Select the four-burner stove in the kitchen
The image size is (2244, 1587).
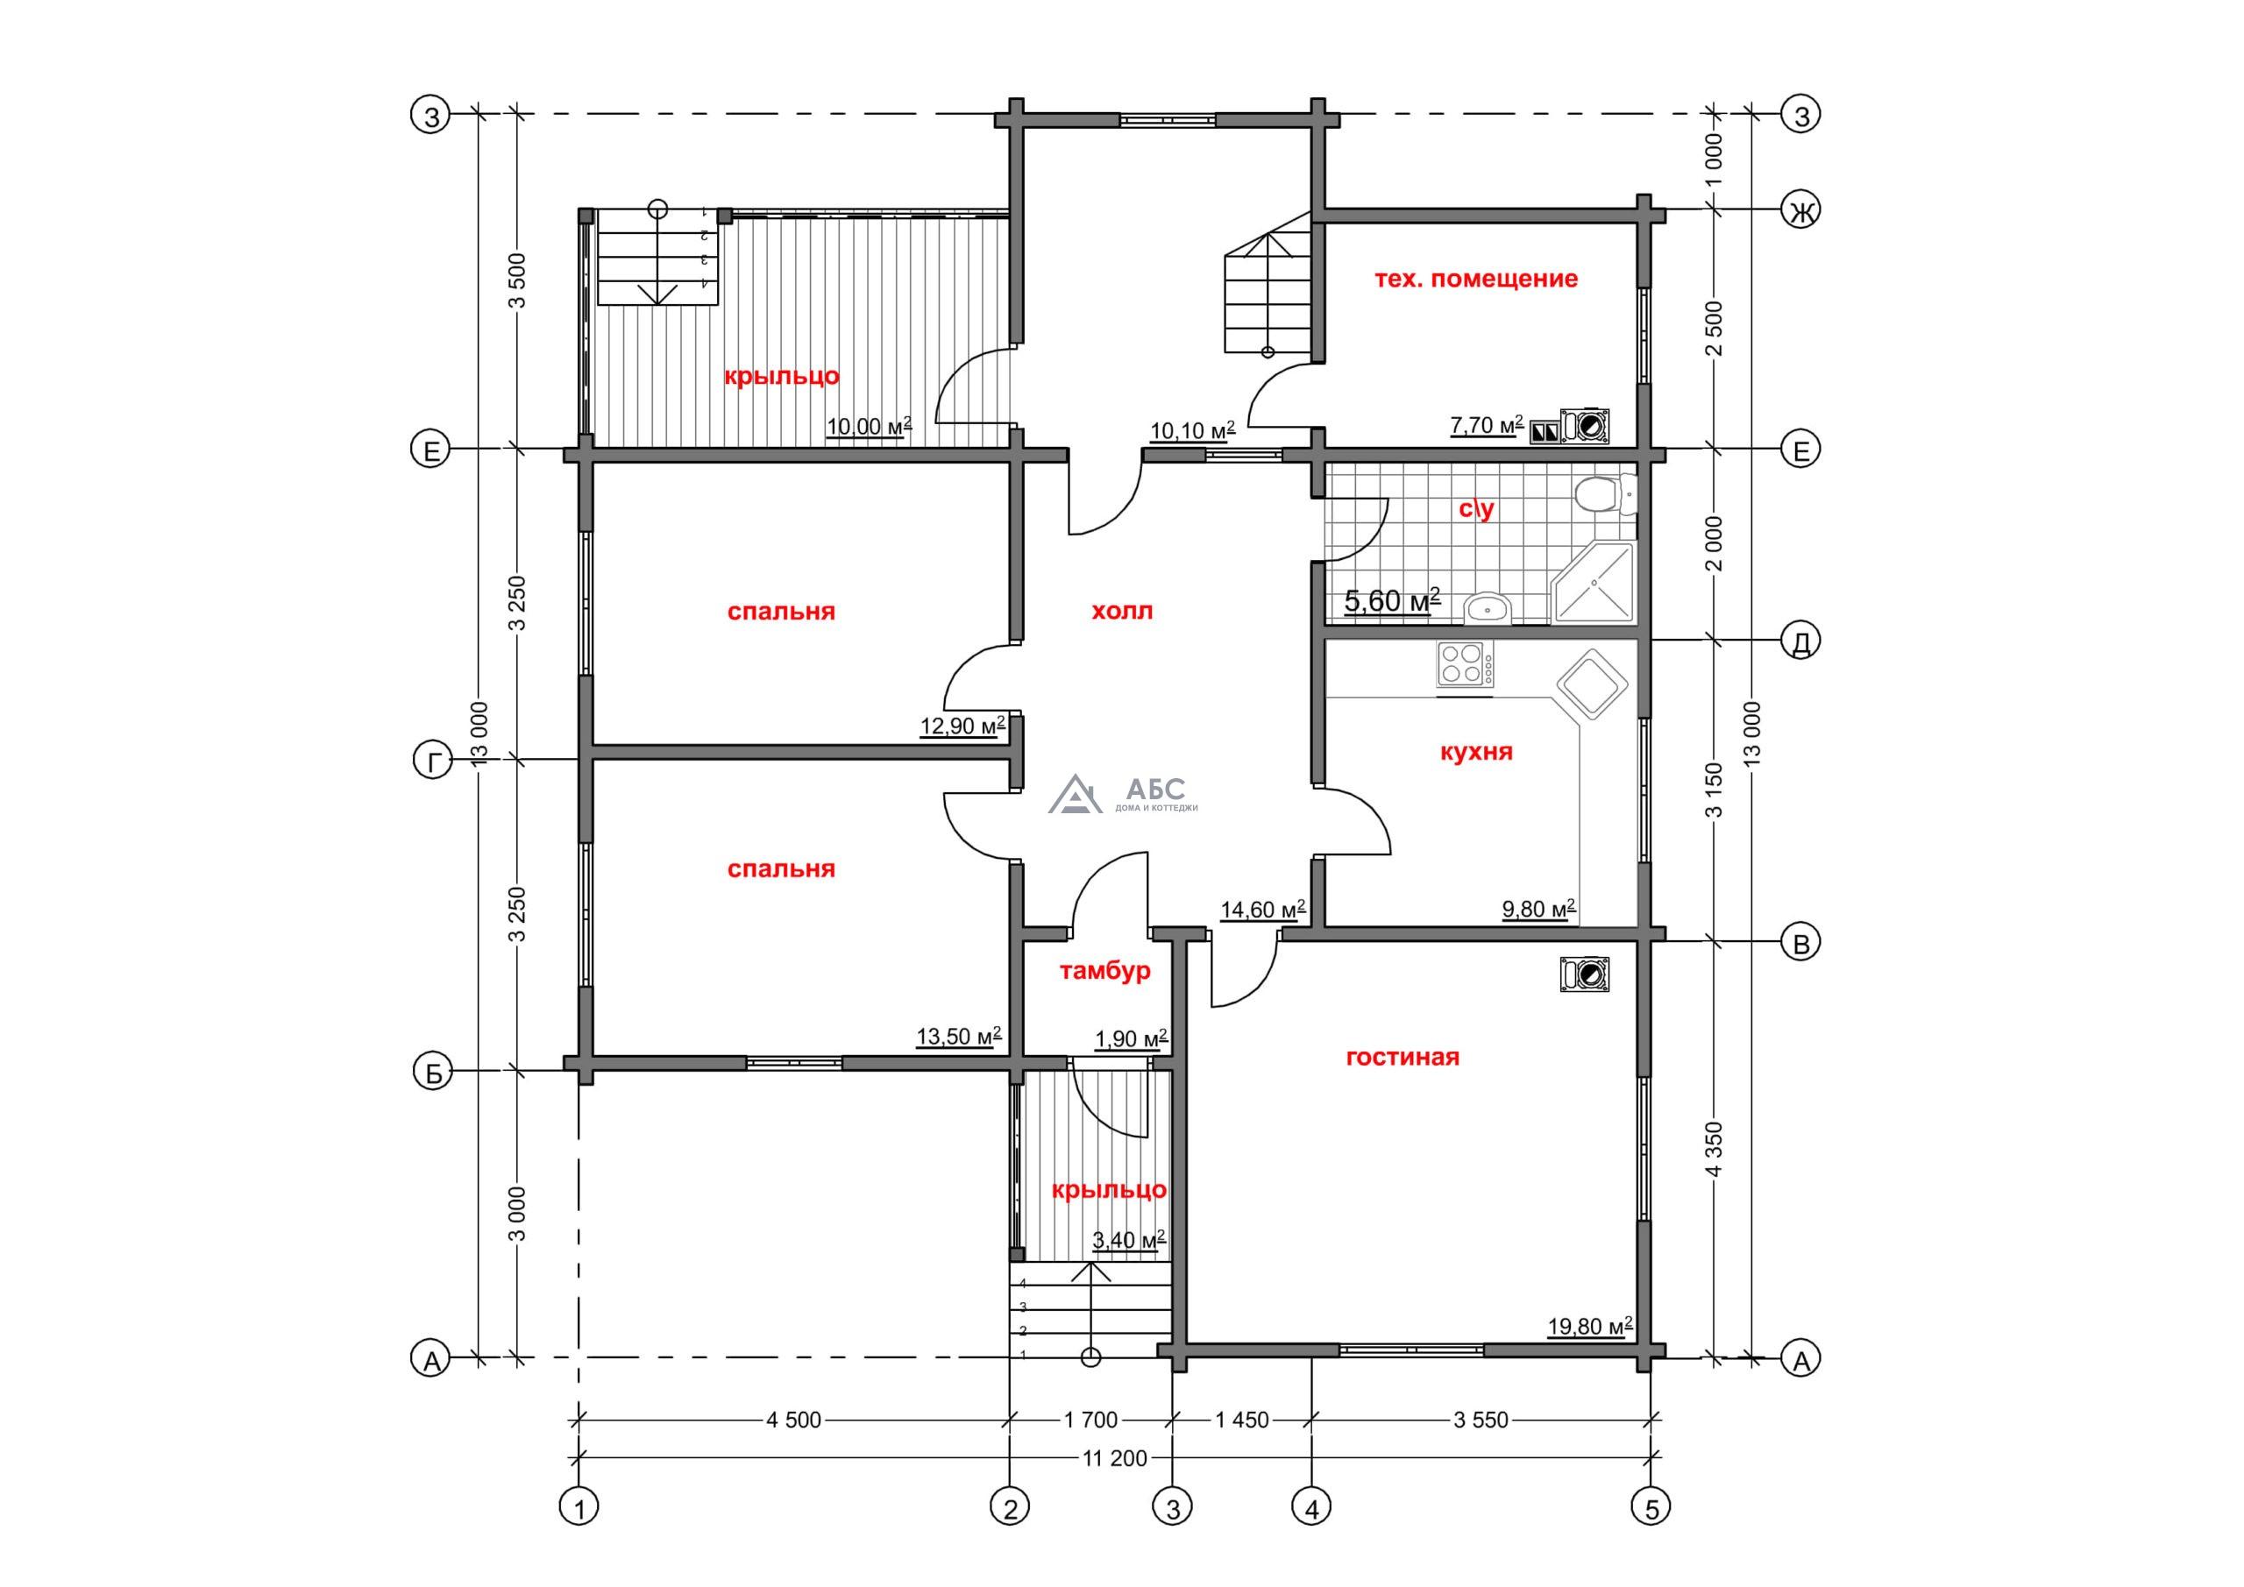(x=1465, y=664)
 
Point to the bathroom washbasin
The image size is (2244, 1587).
(x=1488, y=609)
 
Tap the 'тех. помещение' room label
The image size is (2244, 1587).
(x=1476, y=279)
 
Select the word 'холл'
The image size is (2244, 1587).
(x=1122, y=612)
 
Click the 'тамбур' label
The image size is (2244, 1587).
(x=1104, y=971)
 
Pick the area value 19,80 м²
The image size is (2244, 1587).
(x=1590, y=1326)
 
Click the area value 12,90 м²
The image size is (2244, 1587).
(x=962, y=726)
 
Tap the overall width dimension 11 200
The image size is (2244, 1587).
(x=1114, y=1459)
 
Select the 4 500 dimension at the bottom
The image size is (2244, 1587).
(x=793, y=1421)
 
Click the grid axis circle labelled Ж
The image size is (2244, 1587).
(x=1801, y=211)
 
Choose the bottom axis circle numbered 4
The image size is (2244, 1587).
(x=1310, y=1534)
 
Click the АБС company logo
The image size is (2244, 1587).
(x=1123, y=795)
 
